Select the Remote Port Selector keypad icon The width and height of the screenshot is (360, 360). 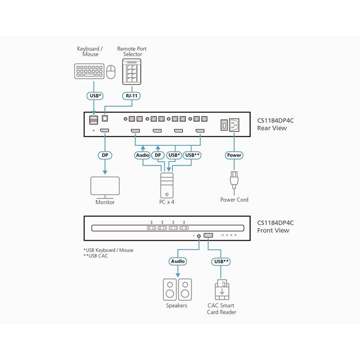coord(132,72)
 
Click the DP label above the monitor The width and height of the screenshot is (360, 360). coord(105,155)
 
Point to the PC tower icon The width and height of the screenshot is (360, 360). coord(167,184)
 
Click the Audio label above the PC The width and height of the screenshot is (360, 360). coord(142,155)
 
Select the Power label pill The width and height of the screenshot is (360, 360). coord(234,155)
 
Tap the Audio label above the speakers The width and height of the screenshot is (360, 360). coord(177,261)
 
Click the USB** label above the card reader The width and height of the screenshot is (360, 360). coord(220,261)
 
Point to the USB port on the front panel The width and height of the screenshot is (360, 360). coord(209,235)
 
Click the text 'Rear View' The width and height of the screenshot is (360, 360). coord(272,128)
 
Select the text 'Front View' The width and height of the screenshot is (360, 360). coord(273,230)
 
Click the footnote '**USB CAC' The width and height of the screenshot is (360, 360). coord(96,256)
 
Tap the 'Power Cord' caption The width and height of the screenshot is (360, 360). coord(234,199)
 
